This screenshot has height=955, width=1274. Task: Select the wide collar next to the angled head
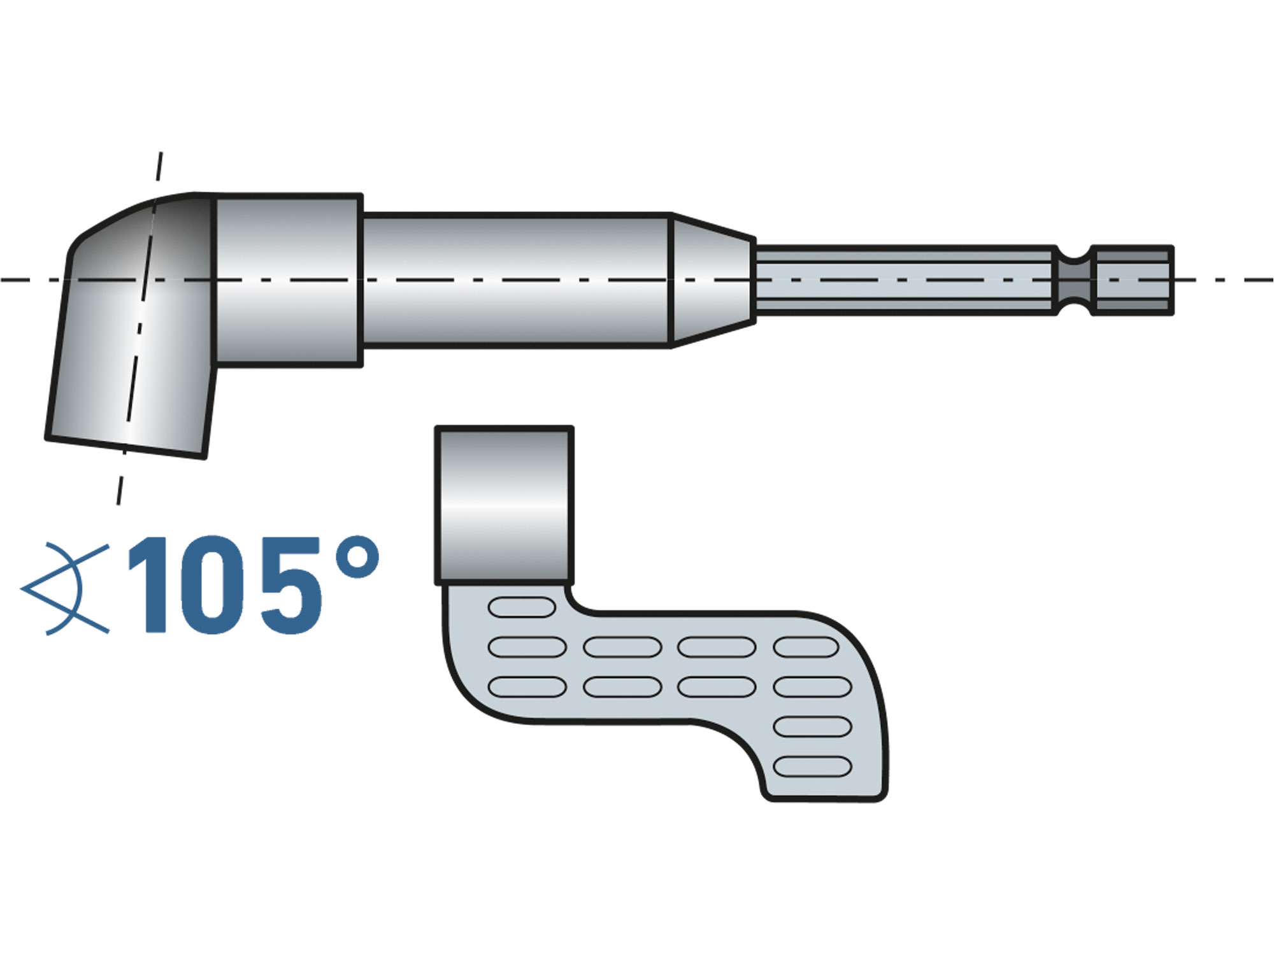[289, 280]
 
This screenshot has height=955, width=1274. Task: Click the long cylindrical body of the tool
[516, 280]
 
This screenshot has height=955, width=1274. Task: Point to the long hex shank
[905, 280]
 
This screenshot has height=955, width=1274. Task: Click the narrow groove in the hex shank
[1075, 280]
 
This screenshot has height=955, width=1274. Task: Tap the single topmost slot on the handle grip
[522, 607]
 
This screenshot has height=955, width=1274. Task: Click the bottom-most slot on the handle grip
[813, 767]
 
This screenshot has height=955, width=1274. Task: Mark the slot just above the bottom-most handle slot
[813, 727]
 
